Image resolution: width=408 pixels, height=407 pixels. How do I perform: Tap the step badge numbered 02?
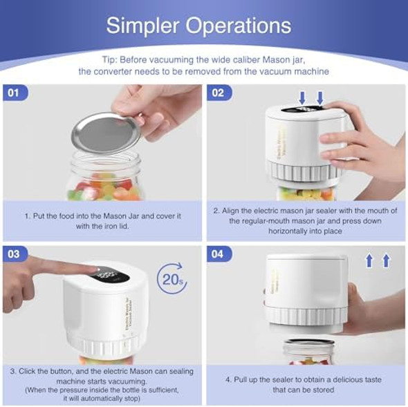pyautogui.click(x=219, y=93)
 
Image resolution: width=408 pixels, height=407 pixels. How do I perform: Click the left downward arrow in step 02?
pyautogui.click(x=303, y=96)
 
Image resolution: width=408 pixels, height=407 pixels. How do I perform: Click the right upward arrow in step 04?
pyautogui.click(x=386, y=261)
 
